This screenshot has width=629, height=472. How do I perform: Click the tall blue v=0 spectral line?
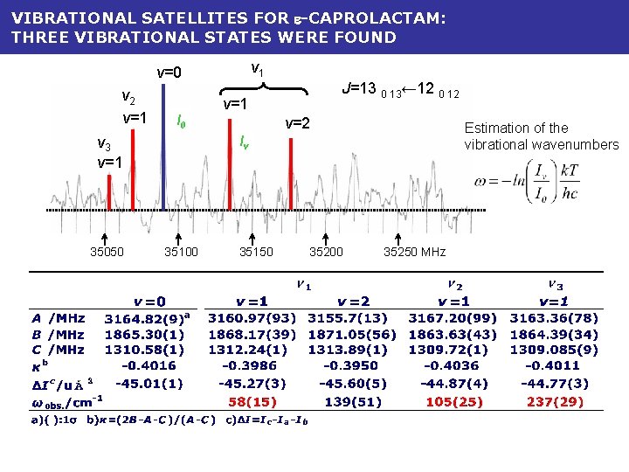[162, 149]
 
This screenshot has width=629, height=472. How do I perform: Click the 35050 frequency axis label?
[107, 253]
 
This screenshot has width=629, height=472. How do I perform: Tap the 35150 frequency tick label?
[256, 253]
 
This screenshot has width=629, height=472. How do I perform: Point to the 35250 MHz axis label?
[414, 253]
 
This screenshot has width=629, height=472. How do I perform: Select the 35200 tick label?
[327, 253]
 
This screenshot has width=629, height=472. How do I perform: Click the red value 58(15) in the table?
[252, 401]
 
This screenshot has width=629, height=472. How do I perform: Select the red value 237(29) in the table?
[555, 401]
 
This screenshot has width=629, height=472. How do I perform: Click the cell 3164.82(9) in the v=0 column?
[149, 319]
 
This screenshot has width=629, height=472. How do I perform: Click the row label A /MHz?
[59, 319]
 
